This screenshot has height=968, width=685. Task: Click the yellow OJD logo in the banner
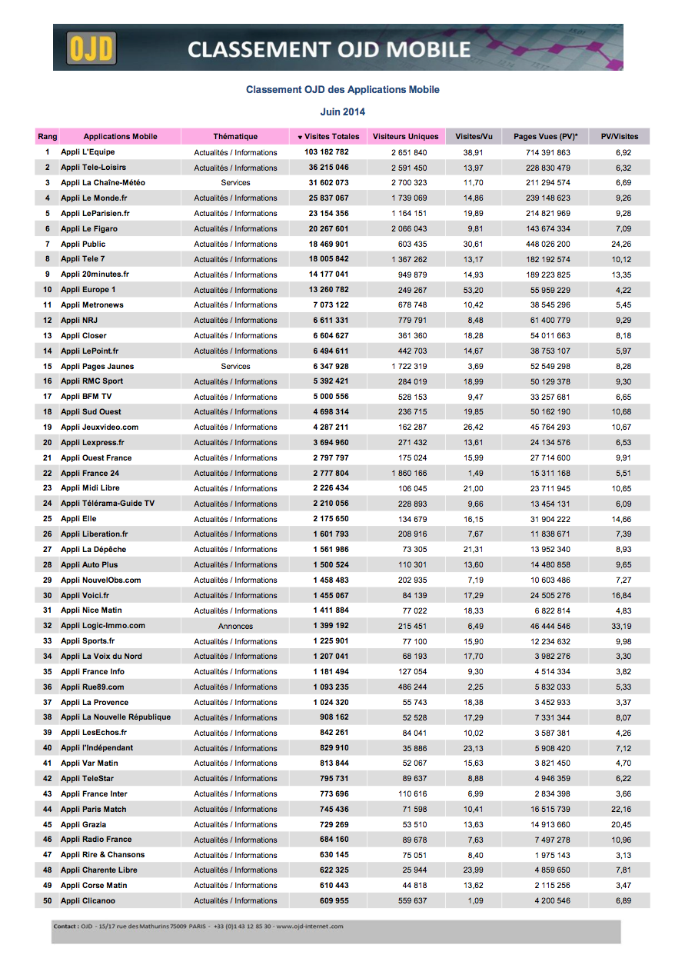(91, 48)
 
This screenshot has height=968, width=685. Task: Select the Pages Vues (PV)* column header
(546, 137)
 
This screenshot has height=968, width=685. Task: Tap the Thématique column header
(235, 137)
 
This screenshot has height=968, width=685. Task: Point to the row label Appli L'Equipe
(88, 152)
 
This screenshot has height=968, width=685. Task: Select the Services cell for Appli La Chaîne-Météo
(235, 183)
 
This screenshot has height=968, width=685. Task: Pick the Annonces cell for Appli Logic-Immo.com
(235, 626)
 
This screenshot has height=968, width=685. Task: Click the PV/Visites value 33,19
(623, 626)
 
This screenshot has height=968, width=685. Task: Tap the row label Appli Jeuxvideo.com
(100, 427)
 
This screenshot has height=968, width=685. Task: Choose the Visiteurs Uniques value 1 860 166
(408, 473)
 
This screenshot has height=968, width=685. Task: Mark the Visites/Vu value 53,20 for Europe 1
(473, 290)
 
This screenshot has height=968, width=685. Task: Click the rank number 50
(47, 900)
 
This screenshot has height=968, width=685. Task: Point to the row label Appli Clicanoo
(88, 900)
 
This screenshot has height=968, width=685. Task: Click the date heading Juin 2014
(343, 111)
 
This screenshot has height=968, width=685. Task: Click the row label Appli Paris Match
(94, 809)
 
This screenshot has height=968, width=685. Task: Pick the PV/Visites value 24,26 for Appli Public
(623, 244)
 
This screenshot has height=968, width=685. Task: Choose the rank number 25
(47, 519)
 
